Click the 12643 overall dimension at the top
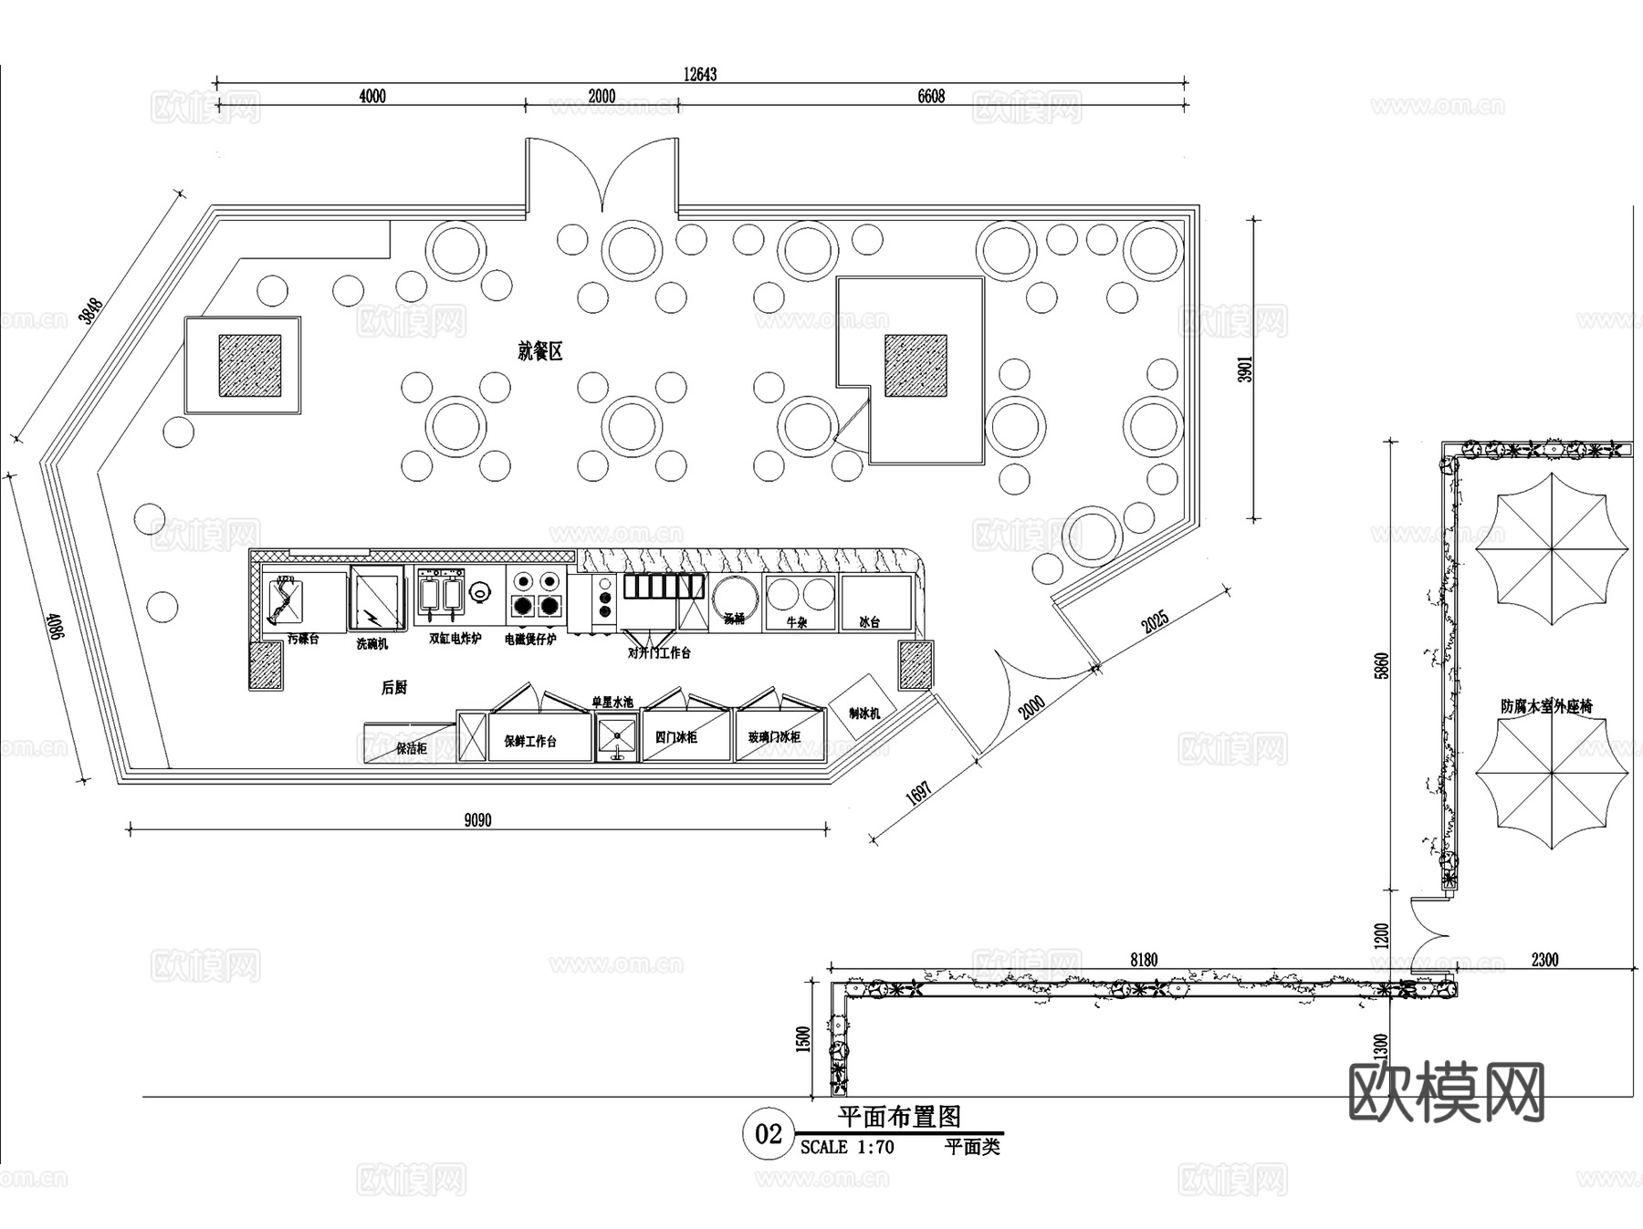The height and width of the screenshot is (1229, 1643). (x=700, y=74)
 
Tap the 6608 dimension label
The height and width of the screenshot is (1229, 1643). (x=930, y=96)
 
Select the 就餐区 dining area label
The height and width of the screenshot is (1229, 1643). (x=540, y=351)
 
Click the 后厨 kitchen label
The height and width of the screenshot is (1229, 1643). (x=394, y=687)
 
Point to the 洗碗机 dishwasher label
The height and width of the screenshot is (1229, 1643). (x=372, y=643)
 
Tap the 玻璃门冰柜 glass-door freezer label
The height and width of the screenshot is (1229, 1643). (x=774, y=737)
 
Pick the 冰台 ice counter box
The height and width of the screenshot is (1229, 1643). (x=874, y=602)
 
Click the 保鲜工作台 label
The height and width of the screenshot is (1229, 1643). (x=530, y=741)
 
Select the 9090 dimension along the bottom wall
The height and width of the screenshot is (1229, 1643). (x=477, y=819)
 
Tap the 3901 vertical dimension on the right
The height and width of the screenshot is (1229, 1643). (x=1246, y=369)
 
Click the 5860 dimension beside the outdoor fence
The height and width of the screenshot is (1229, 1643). (x=1382, y=665)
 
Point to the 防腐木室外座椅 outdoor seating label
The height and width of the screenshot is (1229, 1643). (x=1546, y=706)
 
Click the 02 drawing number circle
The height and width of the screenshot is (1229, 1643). (x=769, y=1134)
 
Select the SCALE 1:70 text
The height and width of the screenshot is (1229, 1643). (x=846, y=1148)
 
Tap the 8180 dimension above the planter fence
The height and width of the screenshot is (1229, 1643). (x=1144, y=959)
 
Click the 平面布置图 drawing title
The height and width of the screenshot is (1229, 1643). (x=899, y=1117)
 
